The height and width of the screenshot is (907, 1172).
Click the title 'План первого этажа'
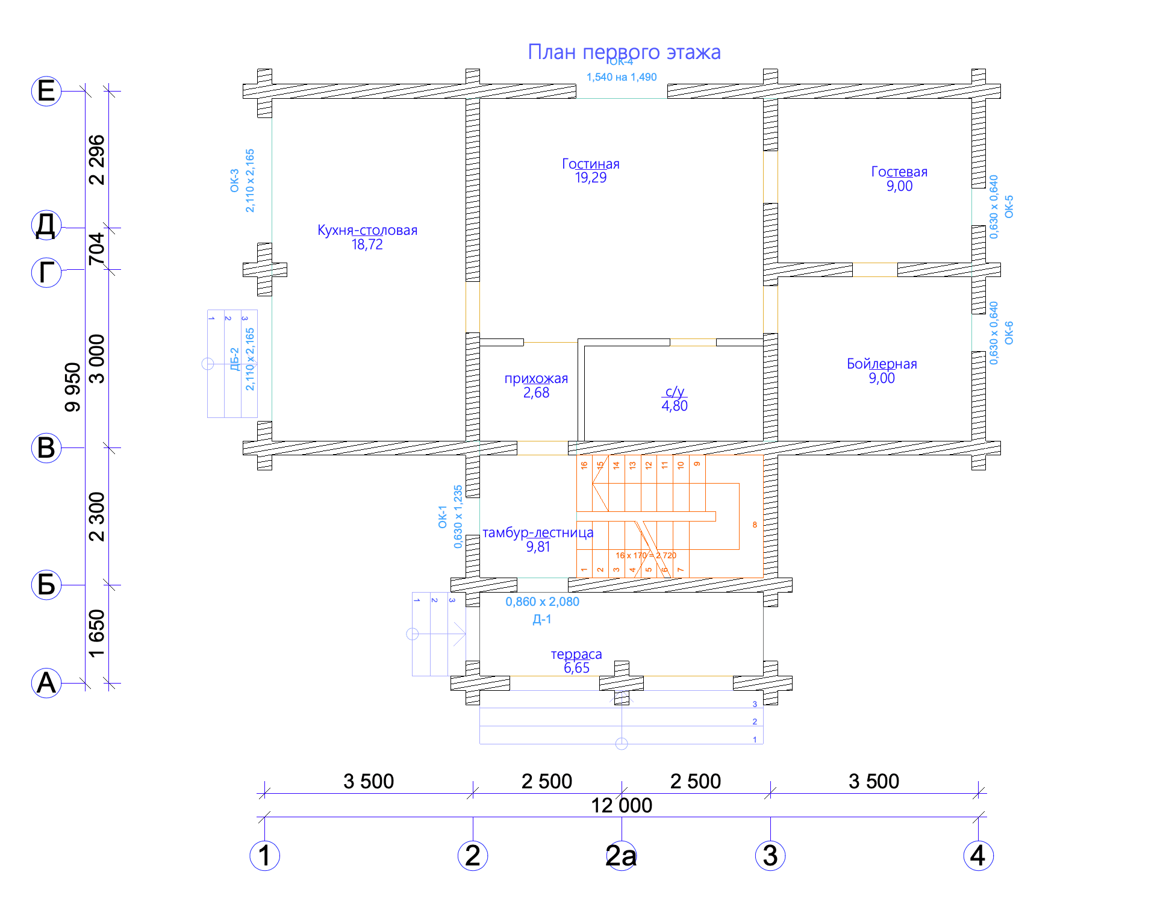point(624,52)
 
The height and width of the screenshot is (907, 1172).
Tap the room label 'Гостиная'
point(590,164)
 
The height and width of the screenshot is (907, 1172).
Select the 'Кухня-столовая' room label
point(367,230)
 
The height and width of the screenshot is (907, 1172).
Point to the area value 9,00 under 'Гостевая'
point(899,186)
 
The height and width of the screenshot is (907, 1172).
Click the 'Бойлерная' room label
point(882,364)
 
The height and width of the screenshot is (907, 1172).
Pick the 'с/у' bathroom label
point(675,391)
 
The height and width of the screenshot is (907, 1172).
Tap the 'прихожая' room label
point(536,378)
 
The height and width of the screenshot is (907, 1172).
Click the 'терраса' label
point(576,654)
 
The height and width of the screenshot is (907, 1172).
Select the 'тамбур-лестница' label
point(538,532)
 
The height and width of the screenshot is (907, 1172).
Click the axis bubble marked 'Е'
point(46,92)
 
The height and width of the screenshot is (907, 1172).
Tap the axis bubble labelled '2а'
point(622,856)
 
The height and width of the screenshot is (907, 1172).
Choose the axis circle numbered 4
point(978,856)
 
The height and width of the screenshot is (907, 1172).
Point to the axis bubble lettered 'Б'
point(46,585)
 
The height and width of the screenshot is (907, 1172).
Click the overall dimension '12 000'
point(622,805)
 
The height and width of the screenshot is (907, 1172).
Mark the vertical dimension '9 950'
point(72,387)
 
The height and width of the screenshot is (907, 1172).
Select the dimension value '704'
point(96,249)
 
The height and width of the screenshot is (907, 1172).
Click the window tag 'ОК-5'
point(1009,207)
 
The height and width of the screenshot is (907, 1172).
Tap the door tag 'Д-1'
point(541,619)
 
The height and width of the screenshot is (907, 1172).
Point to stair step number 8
point(755,525)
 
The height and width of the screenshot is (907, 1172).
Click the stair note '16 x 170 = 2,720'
point(646,555)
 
